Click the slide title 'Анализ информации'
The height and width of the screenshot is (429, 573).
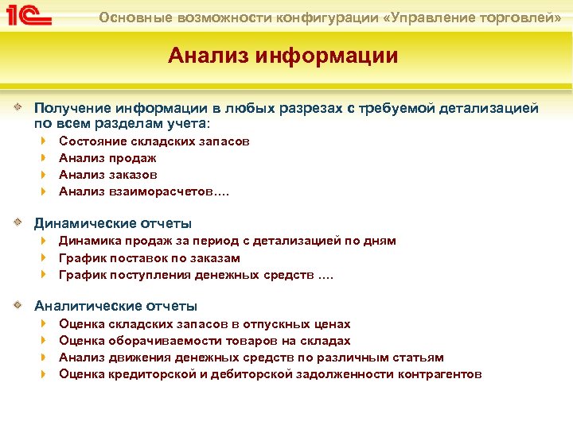(283, 56)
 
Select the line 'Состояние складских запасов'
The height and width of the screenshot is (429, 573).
(154, 141)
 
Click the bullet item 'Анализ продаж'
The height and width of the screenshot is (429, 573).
(107, 157)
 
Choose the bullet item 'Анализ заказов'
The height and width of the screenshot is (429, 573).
(108, 174)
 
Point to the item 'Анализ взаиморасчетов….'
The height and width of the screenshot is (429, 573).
(141, 191)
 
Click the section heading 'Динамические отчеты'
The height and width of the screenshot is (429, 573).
(112, 223)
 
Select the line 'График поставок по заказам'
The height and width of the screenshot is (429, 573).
(150, 257)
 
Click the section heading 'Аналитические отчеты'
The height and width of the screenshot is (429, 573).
(115, 306)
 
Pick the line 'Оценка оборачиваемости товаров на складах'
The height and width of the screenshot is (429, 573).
(205, 341)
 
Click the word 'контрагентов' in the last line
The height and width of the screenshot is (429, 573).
(439, 374)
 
